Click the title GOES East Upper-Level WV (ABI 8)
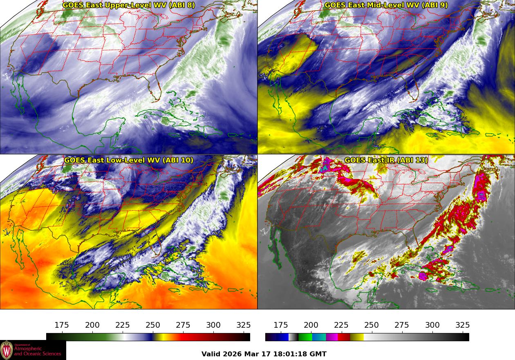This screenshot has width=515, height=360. pyautogui.click(x=129, y=5)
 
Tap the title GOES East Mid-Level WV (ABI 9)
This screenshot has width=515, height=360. pyautogui.click(x=386, y=5)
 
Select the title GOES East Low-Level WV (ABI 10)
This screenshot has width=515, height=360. pyautogui.click(x=129, y=160)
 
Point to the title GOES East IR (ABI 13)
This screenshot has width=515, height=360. pyautogui.click(x=386, y=160)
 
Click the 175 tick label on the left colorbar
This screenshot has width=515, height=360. pyautogui.click(x=62, y=325)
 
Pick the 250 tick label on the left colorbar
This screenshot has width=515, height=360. pyautogui.click(x=153, y=325)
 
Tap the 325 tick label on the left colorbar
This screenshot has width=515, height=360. pyautogui.click(x=244, y=325)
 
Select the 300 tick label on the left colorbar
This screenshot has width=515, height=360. pyautogui.click(x=213, y=325)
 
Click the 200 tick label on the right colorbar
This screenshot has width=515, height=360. pyautogui.click(x=311, y=325)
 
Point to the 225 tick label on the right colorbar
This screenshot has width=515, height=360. pyautogui.click(x=341, y=325)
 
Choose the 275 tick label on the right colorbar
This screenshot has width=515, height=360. pyautogui.click(x=402, y=325)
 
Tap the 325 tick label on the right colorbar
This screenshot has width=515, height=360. pyautogui.click(x=463, y=325)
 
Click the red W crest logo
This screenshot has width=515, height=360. pyautogui.click(x=7, y=350)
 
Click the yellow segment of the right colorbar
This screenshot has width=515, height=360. pyautogui.click(x=357, y=337)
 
